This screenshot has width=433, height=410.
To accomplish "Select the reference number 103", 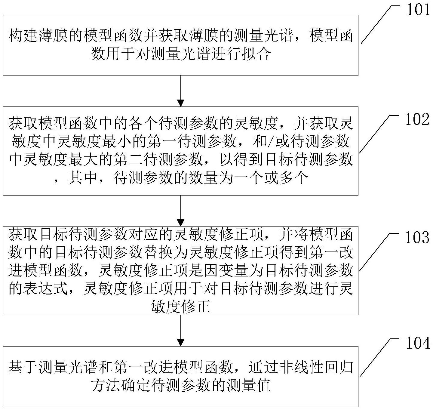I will point(417,238).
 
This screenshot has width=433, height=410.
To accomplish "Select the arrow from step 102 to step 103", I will point(180,211).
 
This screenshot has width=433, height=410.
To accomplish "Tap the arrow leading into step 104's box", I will point(180,331).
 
